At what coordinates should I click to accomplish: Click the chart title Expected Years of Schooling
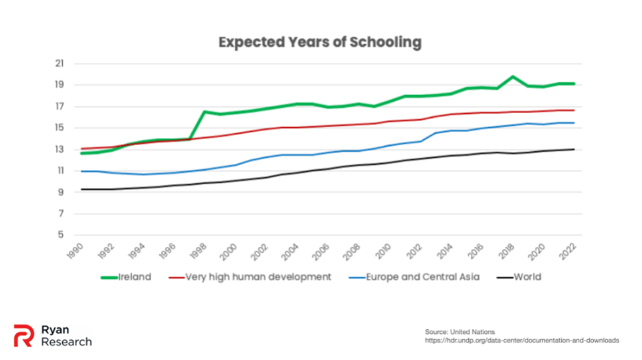pyautogui.click(x=320, y=42)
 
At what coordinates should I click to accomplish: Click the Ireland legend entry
pyautogui.click(x=136, y=276)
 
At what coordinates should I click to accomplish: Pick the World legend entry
pyautogui.click(x=527, y=276)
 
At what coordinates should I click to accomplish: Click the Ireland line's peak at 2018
pyautogui.click(x=513, y=76)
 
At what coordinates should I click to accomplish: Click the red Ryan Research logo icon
pyautogui.click(x=23, y=336)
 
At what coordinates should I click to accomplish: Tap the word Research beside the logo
pyautogui.click(x=66, y=342)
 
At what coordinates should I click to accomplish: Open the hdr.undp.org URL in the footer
pyautogui.click(x=522, y=341)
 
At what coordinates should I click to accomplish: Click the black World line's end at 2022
pyautogui.click(x=574, y=149)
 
